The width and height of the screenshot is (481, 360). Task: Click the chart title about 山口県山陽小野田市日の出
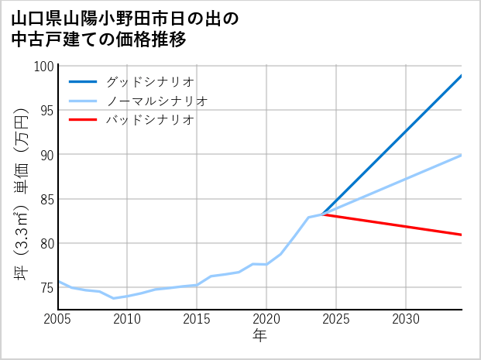[x=125, y=29]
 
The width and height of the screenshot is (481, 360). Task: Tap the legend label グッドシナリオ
[x=150, y=81]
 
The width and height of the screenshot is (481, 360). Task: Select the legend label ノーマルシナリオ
[x=157, y=101]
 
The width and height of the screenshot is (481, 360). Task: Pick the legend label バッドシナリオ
[x=150, y=120]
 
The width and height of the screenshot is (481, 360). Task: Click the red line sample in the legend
[x=83, y=120]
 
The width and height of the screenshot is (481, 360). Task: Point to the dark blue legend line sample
[x=83, y=81]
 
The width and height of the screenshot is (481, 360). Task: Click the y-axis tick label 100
[x=43, y=67]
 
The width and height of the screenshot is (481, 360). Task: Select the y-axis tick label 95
[x=46, y=111]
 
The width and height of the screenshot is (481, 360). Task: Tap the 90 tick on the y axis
[x=46, y=155]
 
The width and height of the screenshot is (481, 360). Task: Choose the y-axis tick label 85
[x=46, y=200]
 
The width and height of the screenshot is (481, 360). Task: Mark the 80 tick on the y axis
[x=46, y=244]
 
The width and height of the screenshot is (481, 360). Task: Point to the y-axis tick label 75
[x=46, y=288]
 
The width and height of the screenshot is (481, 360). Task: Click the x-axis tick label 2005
[x=58, y=319]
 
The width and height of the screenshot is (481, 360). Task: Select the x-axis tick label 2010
[x=128, y=319]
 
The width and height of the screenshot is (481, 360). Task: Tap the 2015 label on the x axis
[x=197, y=319]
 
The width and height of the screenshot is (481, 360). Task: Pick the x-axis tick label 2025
[x=336, y=319]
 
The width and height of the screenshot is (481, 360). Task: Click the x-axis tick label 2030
[x=406, y=319]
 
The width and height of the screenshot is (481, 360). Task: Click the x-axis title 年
[x=260, y=336]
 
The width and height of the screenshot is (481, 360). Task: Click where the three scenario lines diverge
[x=322, y=214]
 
